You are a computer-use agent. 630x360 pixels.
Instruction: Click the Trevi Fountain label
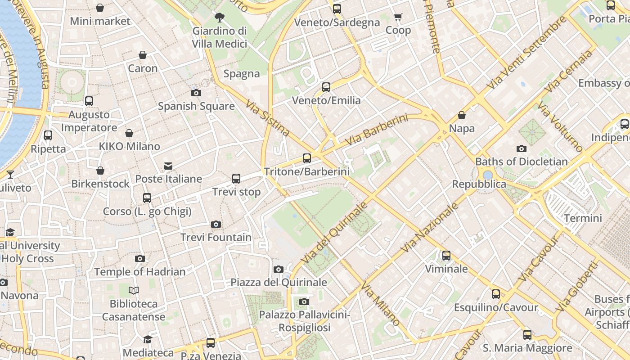click(216, 237)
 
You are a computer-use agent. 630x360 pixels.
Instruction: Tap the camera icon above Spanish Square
click(196, 93)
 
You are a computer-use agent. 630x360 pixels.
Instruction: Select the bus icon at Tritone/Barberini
click(307, 158)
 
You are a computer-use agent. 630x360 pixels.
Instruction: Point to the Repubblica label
click(479, 184)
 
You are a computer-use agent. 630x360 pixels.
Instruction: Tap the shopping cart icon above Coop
click(398, 17)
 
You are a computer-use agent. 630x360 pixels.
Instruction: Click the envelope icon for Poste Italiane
click(168, 166)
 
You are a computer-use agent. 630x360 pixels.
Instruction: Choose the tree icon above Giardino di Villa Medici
click(220, 18)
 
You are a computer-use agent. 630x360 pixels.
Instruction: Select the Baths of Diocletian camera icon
click(522, 148)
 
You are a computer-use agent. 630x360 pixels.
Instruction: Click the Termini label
click(583, 218)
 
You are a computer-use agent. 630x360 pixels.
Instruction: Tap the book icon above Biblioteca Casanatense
click(134, 290)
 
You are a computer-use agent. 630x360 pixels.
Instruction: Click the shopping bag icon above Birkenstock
click(100, 171)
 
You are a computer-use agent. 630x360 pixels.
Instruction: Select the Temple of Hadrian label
click(139, 272)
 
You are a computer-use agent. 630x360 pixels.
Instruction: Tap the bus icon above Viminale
click(446, 256)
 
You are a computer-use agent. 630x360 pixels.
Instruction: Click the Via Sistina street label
click(268, 118)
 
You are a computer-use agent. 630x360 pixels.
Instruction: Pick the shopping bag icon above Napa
click(462, 115)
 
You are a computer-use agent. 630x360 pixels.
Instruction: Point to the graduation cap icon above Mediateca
click(148, 339)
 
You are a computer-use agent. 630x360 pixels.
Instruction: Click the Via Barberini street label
click(377, 130)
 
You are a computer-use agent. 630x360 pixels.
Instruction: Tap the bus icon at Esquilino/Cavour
click(496, 294)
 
